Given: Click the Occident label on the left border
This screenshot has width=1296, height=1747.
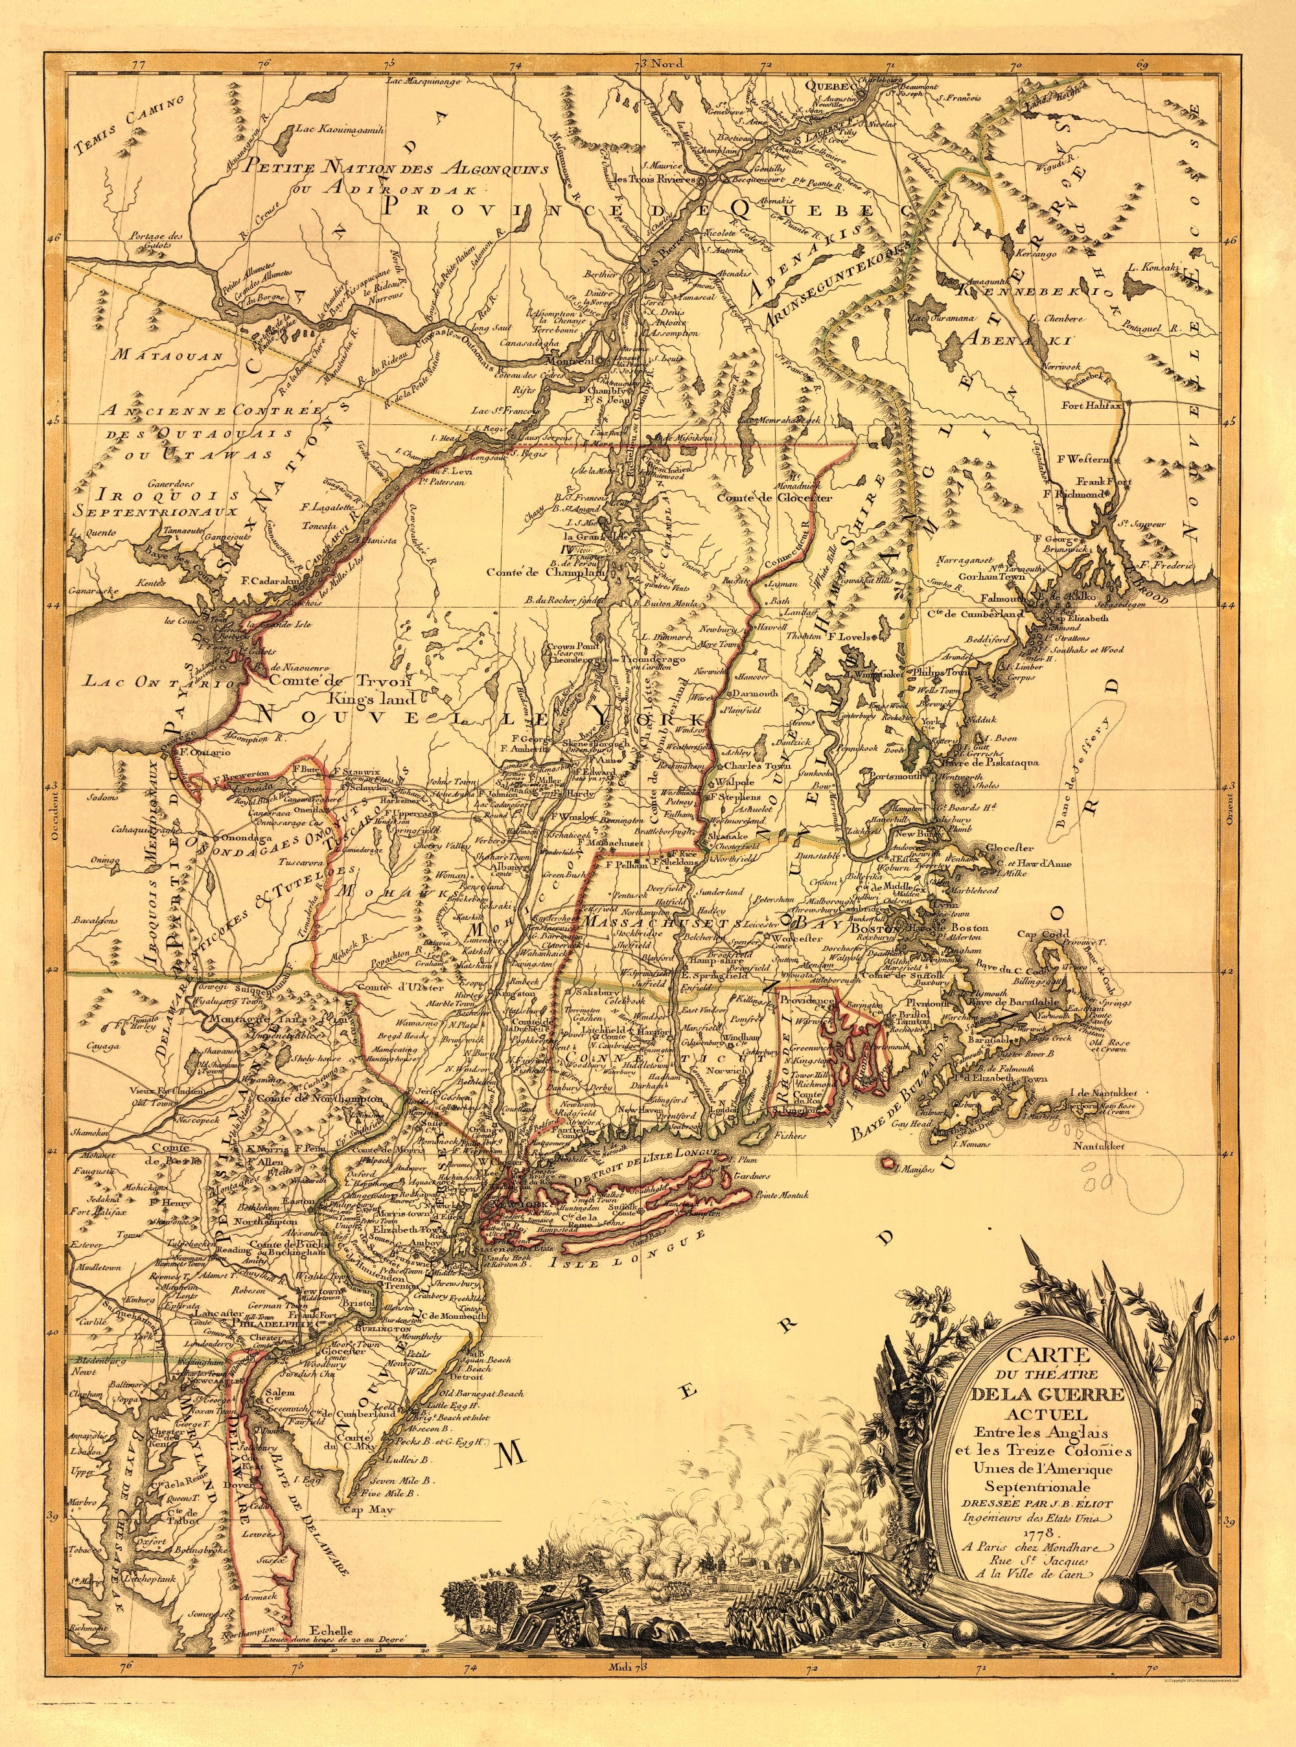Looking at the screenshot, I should [x=55, y=819].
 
